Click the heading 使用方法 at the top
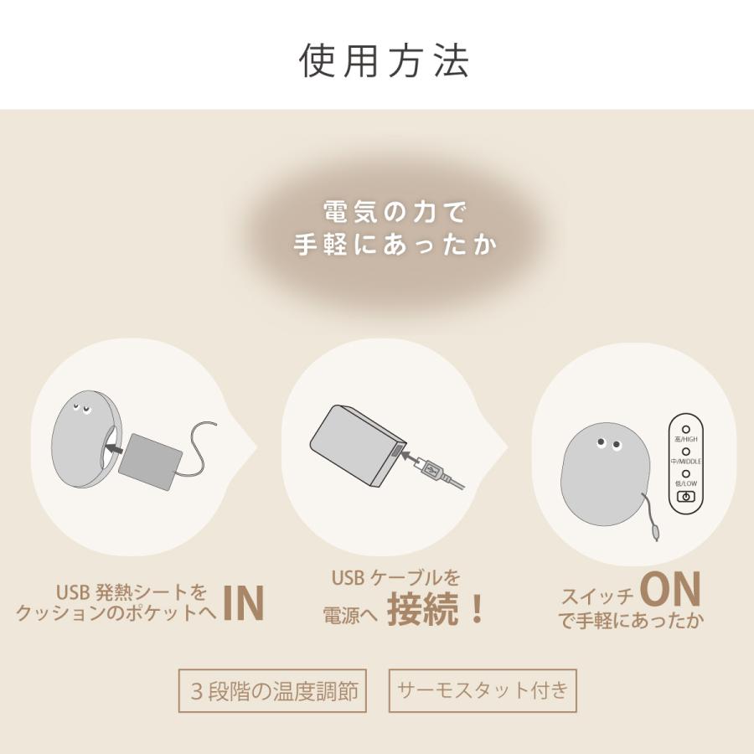[x=385, y=60]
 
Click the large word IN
[x=244, y=602]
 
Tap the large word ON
[x=669, y=590]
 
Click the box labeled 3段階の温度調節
[x=272, y=690]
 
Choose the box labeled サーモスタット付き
[x=482, y=690]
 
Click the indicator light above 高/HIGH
[x=685, y=428]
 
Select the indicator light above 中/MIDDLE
[x=685, y=452]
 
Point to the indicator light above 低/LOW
[x=685, y=473]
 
